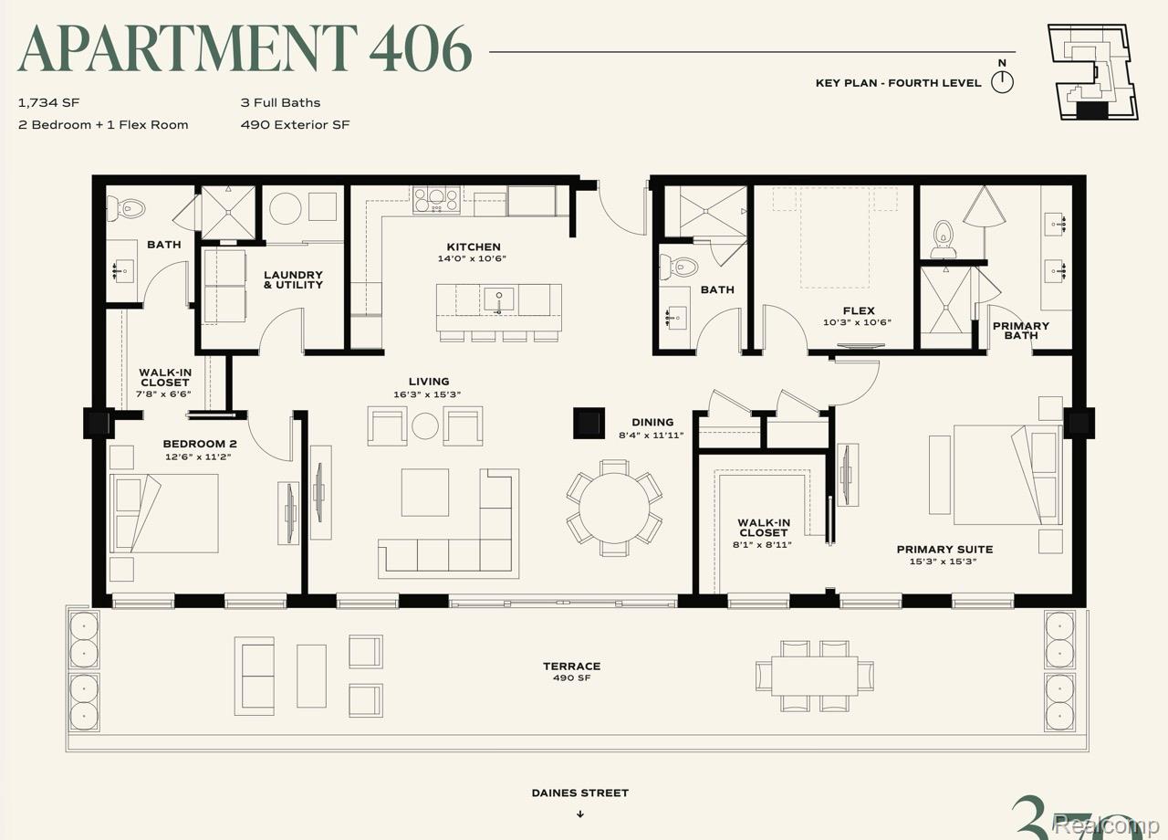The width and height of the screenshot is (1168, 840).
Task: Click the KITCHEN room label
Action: (474, 247)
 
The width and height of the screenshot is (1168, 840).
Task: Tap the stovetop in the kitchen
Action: (436, 200)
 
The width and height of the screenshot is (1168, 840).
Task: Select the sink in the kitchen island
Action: (498, 300)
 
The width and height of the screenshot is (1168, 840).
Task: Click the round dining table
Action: (614, 508)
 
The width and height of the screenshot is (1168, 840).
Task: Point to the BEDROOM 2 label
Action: (200, 444)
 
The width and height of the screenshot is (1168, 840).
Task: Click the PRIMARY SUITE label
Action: (944, 550)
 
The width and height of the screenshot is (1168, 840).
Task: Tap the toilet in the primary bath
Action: (943, 240)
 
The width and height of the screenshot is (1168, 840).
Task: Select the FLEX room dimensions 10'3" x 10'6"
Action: (857, 322)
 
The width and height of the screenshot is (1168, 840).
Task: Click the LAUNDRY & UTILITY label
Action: (293, 279)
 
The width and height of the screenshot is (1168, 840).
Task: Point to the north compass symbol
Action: (1002, 82)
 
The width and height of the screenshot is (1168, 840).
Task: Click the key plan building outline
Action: (1092, 72)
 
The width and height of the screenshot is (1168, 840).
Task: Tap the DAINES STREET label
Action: (579, 793)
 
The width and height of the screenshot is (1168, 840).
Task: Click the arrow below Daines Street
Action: (580, 814)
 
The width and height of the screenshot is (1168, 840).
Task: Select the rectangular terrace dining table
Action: (815, 677)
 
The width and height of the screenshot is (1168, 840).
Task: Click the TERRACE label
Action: (572, 667)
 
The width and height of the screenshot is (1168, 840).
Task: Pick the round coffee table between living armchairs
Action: (425, 425)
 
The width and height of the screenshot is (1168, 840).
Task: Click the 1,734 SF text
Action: (48, 103)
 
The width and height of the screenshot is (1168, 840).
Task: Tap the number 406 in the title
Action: (421, 48)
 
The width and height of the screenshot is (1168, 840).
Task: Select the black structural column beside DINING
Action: (589, 423)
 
